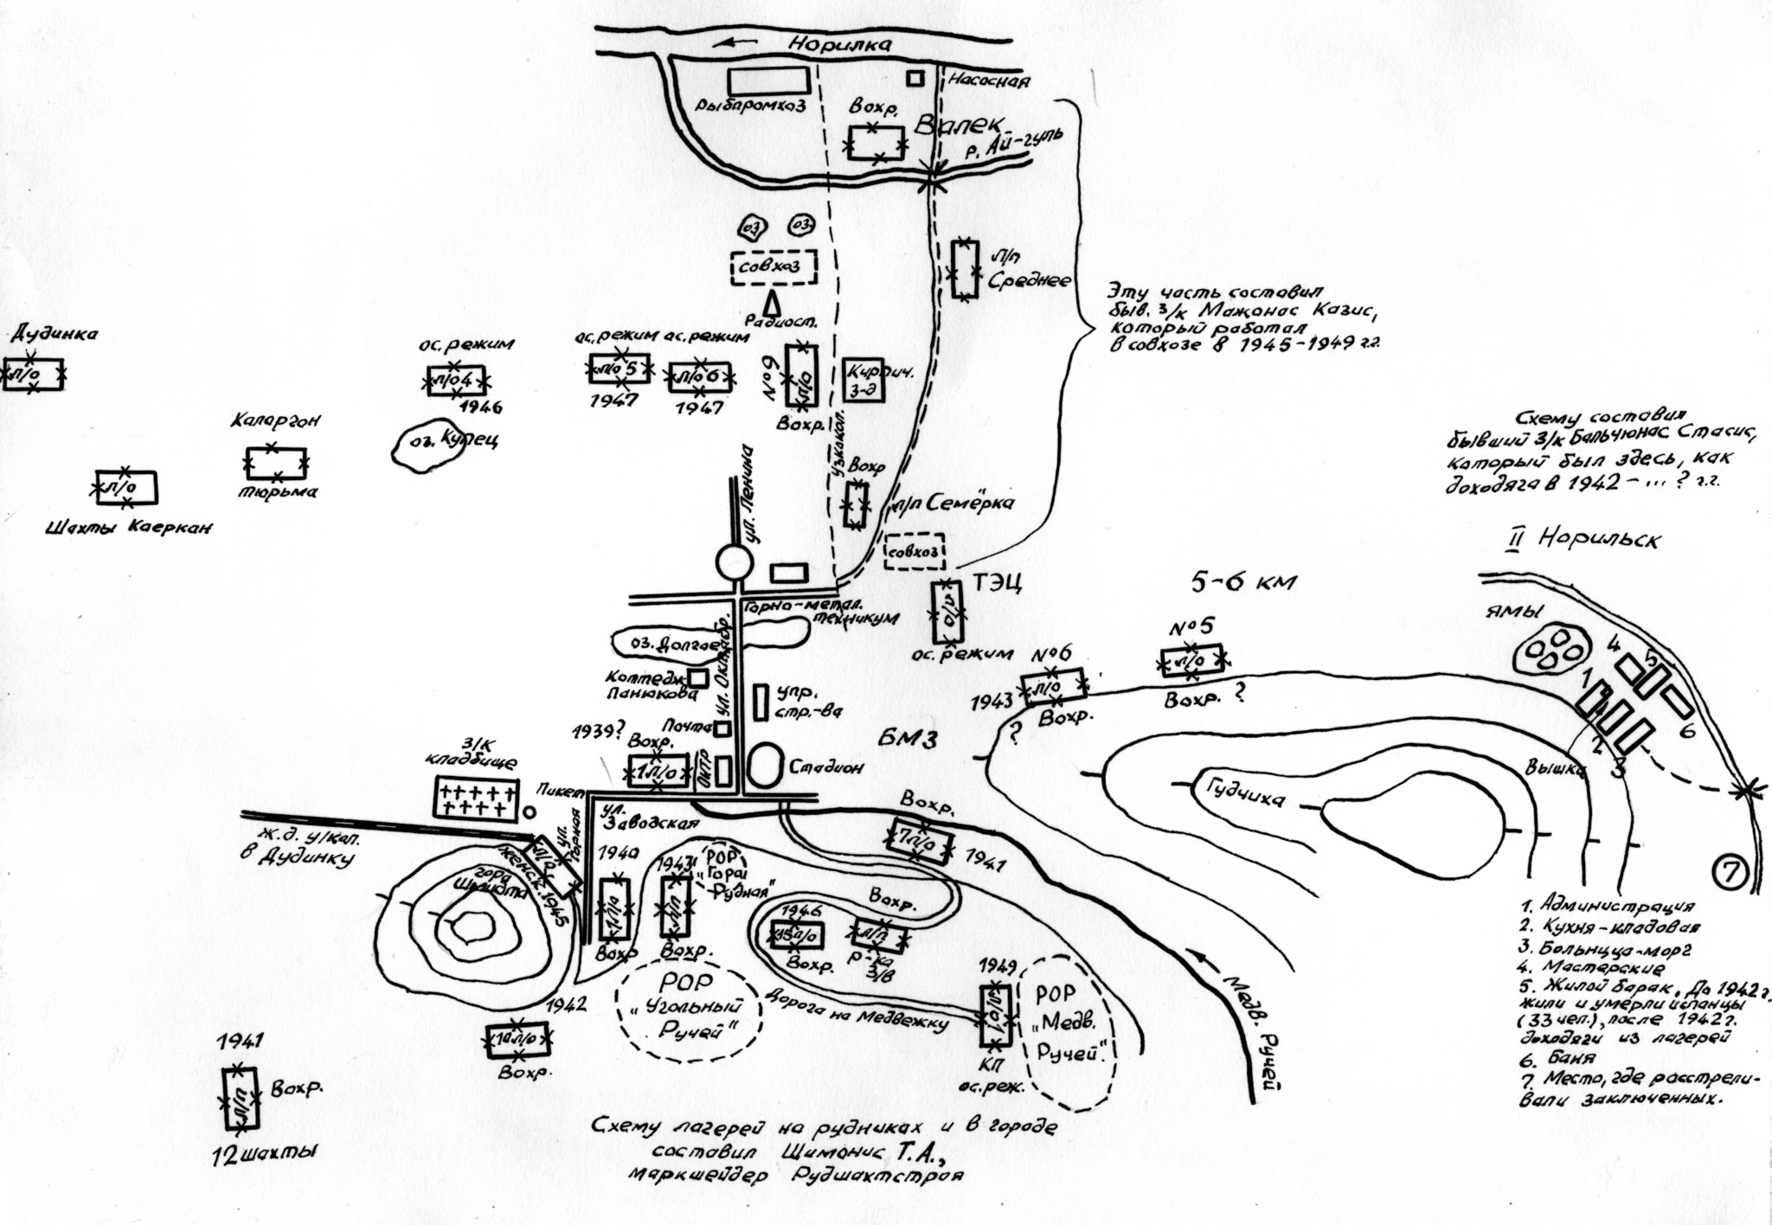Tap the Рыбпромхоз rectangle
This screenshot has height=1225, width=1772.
click(767, 80)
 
